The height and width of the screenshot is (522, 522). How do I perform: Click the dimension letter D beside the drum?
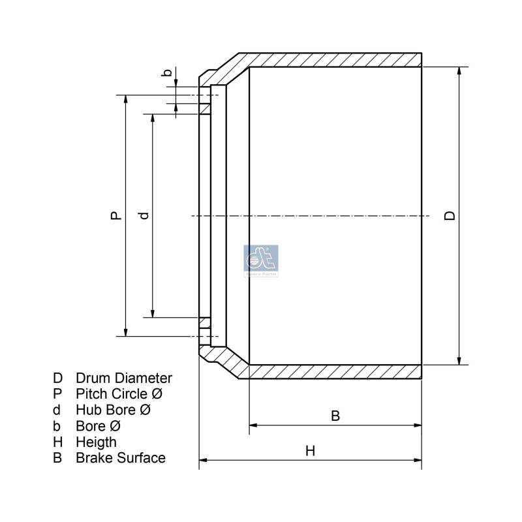pyautogui.click(x=450, y=216)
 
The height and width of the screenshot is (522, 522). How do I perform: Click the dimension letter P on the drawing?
pyautogui.click(x=115, y=215)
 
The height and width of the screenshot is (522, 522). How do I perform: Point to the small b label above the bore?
pyautogui.click(x=168, y=73)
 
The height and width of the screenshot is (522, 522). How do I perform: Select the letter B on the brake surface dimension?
pyautogui.click(x=335, y=416)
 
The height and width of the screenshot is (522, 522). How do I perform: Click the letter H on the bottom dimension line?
pyautogui.click(x=310, y=451)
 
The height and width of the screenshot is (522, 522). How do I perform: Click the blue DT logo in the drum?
pyautogui.click(x=260, y=260)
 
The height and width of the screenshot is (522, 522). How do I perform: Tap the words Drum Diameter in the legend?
pyautogui.click(x=124, y=378)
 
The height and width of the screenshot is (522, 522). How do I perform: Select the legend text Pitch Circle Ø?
pyautogui.click(x=119, y=394)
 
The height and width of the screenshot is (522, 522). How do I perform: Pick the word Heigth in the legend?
pyautogui.click(x=97, y=442)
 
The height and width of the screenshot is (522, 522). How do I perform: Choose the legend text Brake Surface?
pyautogui.click(x=121, y=458)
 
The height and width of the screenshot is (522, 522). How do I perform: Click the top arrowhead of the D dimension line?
pyautogui.click(x=459, y=70)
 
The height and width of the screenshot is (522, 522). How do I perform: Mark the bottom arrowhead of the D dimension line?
pyautogui.click(x=459, y=360)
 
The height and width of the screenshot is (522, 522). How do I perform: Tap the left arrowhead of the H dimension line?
pyautogui.click(x=203, y=461)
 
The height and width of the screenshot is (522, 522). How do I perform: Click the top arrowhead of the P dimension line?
pyautogui.click(x=124, y=99)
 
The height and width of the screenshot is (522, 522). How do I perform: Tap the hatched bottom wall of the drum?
pyautogui.click(x=333, y=371)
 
